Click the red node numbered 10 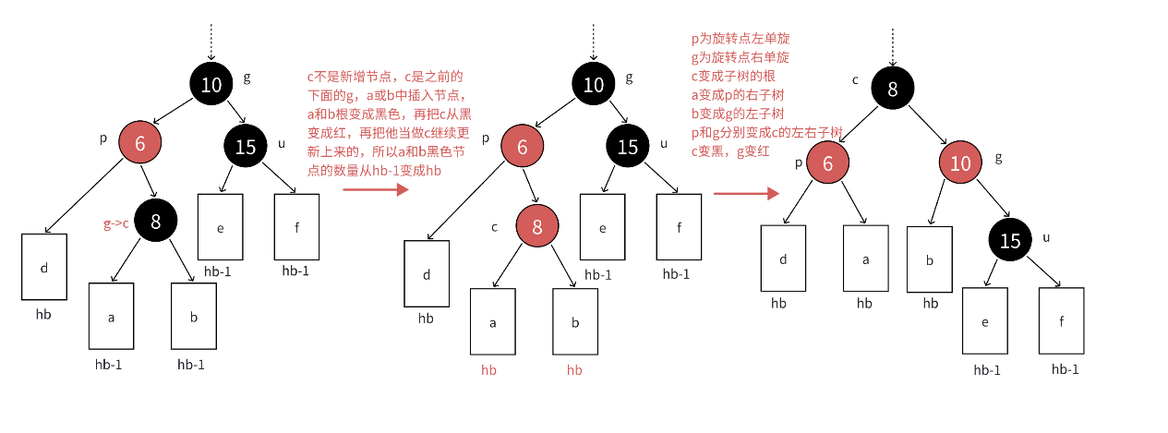click(x=962, y=164)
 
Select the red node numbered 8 click(x=538, y=226)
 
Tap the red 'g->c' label click(x=116, y=223)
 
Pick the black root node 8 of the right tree click(x=892, y=90)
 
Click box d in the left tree click(x=44, y=267)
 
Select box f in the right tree click(x=1061, y=321)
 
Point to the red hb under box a click(x=489, y=369)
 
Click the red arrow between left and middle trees click(x=375, y=189)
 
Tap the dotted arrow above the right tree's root click(x=892, y=45)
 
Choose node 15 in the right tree click(x=1011, y=241)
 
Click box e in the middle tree click(x=602, y=227)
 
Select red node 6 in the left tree click(x=139, y=142)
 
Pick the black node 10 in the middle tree click(x=594, y=86)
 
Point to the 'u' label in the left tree click(x=281, y=143)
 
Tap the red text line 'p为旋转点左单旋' click(x=741, y=39)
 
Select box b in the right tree click(x=930, y=259)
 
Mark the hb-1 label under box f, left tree click(x=296, y=270)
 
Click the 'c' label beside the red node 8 click(x=495, y=227)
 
